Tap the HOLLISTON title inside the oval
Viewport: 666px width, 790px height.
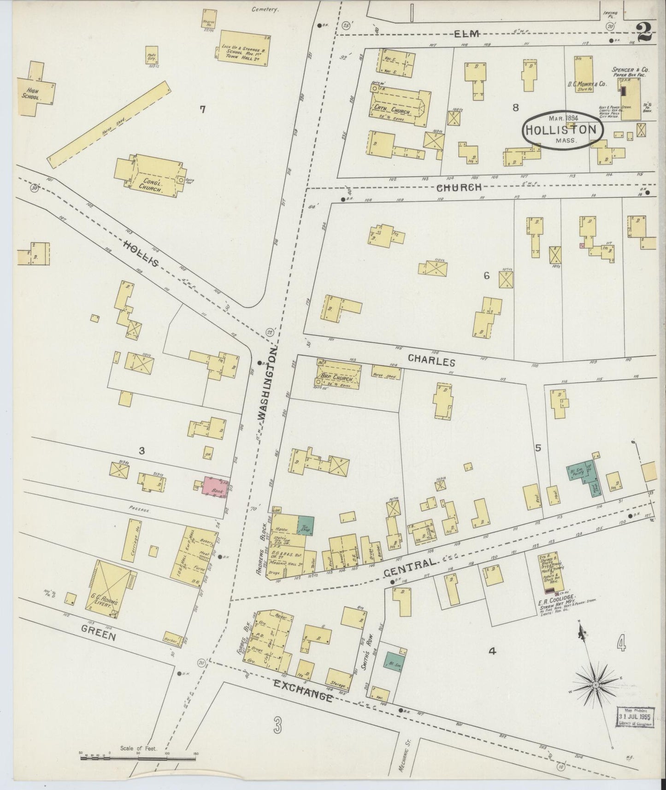click(x=562, y=130)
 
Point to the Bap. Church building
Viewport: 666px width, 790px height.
click(x=338, y=374)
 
